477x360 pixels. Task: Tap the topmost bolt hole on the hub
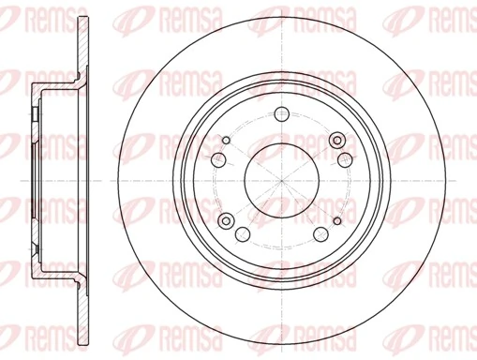pyautogui.click(x=280, y=115)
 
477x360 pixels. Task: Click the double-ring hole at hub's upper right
pyautogui.click(x=337, y=140)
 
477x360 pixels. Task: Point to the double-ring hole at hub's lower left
pyautogui.click(x=225, y=220)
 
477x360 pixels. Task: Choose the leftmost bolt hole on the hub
pyautogui.click(x=217, y=159)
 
